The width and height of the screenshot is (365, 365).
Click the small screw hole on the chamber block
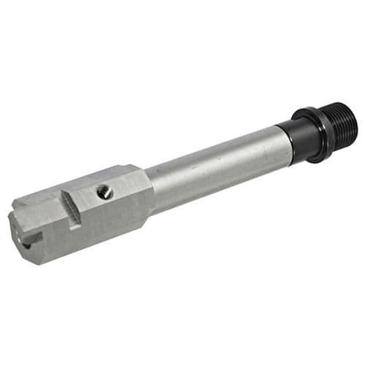[x=105, y=192]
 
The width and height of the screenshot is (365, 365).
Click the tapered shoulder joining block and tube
[x=150, y=193]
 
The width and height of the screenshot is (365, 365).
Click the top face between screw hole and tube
[x=128, y=182]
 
